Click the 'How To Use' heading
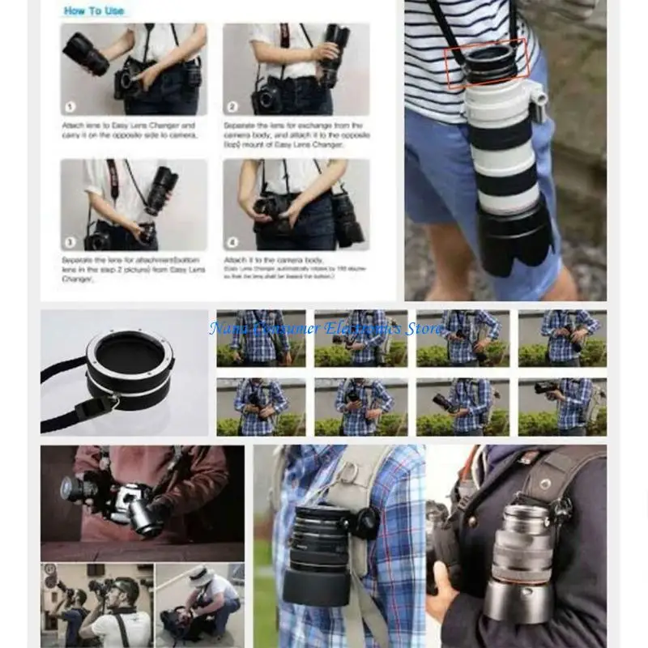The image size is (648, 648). (95, 11)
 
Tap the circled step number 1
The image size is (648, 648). (70, 106)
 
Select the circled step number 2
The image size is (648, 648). (232, 106)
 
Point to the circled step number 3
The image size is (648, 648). (70, 241)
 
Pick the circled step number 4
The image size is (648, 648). (232, 241)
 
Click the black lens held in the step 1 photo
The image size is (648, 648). (85, 53)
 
